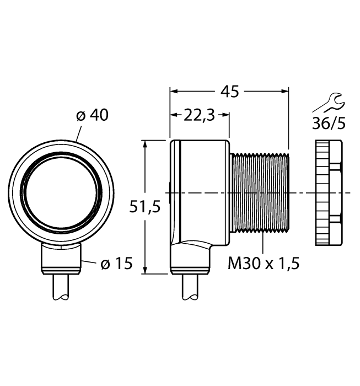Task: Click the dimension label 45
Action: point(229,91)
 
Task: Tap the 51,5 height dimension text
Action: point(144,207)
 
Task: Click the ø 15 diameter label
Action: point(116,264)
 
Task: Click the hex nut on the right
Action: point(329,193)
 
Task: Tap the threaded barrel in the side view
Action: point(259,193)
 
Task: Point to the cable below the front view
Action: point(62,287)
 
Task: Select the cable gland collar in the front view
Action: point(62,259)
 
